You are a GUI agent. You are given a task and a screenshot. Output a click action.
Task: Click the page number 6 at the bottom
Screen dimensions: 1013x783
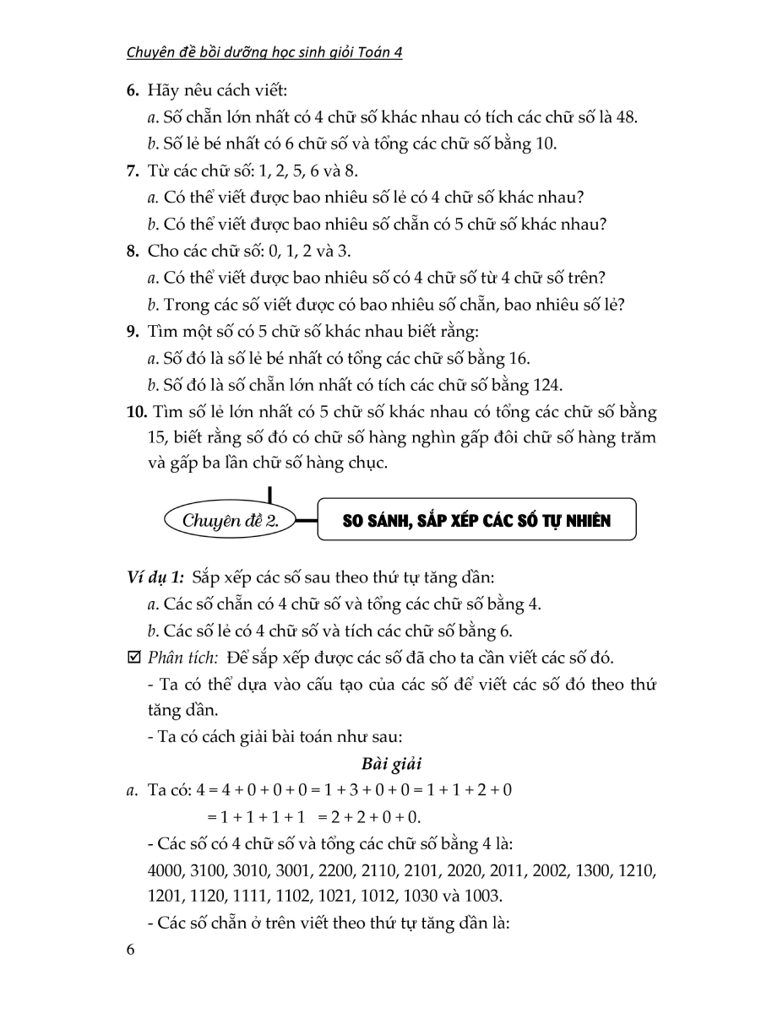tap(129, 951)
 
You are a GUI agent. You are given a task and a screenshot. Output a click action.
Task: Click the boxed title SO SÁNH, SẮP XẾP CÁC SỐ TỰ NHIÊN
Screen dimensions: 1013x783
tap(476, 521)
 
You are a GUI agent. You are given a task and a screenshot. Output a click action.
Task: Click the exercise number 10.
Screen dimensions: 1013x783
tap(135, 412)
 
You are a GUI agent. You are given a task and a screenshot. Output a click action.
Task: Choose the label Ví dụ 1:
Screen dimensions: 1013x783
tap(155, 578)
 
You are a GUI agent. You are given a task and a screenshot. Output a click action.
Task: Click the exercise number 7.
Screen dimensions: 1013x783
tap(132, 171)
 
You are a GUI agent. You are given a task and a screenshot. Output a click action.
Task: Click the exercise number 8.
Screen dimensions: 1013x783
tap(132, 252)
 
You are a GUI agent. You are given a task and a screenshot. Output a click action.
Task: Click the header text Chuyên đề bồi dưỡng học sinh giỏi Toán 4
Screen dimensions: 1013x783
tap(264, 52)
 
